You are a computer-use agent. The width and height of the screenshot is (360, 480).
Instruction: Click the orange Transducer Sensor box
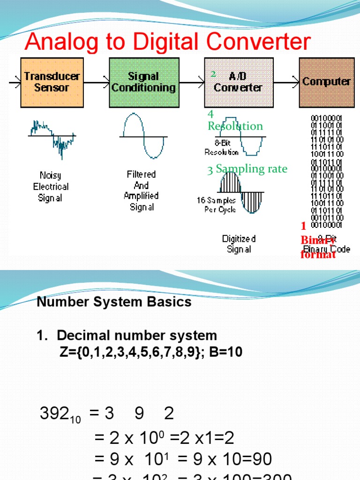52,82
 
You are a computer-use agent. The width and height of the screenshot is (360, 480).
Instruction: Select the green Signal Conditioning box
144,82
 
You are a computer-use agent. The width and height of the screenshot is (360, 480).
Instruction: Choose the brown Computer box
326,82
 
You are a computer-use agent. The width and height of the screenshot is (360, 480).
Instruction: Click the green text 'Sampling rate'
251,169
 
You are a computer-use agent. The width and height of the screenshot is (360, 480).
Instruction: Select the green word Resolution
235,126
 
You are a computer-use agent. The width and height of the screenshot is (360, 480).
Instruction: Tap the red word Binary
317,240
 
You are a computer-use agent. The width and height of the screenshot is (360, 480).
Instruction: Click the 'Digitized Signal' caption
239,244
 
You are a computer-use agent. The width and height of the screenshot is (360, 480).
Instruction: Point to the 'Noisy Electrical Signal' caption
51,187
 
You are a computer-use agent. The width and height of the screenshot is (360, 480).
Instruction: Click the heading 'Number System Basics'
114,301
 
